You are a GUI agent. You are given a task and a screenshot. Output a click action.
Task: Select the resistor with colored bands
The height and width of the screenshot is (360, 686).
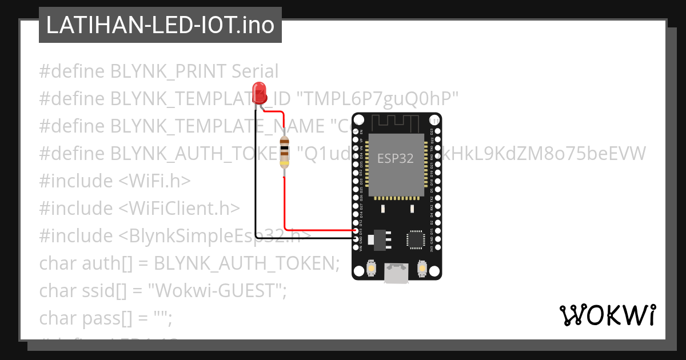[x=284, y=153]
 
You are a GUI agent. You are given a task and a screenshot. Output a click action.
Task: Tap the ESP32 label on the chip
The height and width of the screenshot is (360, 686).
[x=395, y=158]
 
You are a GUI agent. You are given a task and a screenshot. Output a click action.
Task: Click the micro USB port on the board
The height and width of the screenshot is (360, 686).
[x=396, y=273]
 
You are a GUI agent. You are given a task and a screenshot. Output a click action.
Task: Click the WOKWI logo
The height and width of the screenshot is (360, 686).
[x=607, y=315]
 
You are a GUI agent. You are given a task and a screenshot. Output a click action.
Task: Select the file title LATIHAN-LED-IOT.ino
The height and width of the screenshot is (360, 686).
[x=160, y=25]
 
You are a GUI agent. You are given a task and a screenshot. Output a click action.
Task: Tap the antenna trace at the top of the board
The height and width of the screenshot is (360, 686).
[x=396, y=122]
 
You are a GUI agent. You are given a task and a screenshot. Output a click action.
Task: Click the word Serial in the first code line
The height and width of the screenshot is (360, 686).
[x=255, y=71]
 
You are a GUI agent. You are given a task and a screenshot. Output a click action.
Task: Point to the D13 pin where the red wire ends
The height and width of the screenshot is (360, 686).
[x=357, y=231]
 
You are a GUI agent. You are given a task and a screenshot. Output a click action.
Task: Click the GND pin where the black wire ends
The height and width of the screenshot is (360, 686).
[x=357, y=238]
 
